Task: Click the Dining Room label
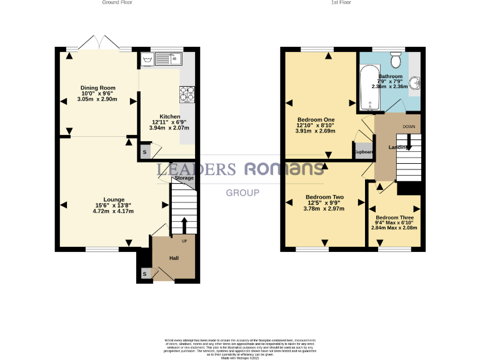(x=98, y=88)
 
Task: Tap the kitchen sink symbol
(x=167, y=60)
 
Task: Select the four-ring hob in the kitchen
(x=187, y=93)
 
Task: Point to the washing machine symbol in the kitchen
(x=148, y=60)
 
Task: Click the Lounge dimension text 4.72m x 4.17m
(x=113, y=211)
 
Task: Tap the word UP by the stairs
(x=184, y=241)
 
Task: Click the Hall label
(x=174, y=257)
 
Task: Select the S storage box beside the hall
(x=145, y=274)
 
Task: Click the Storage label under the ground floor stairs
(x=184, y=178)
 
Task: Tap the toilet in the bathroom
(x=395, y=61)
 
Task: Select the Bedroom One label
(x=316, y=119)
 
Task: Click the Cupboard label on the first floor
(x=364, y=152)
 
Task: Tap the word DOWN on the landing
(x=409, y=127)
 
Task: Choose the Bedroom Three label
(x=394, y=217)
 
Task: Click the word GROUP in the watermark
(x=242, y=192)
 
